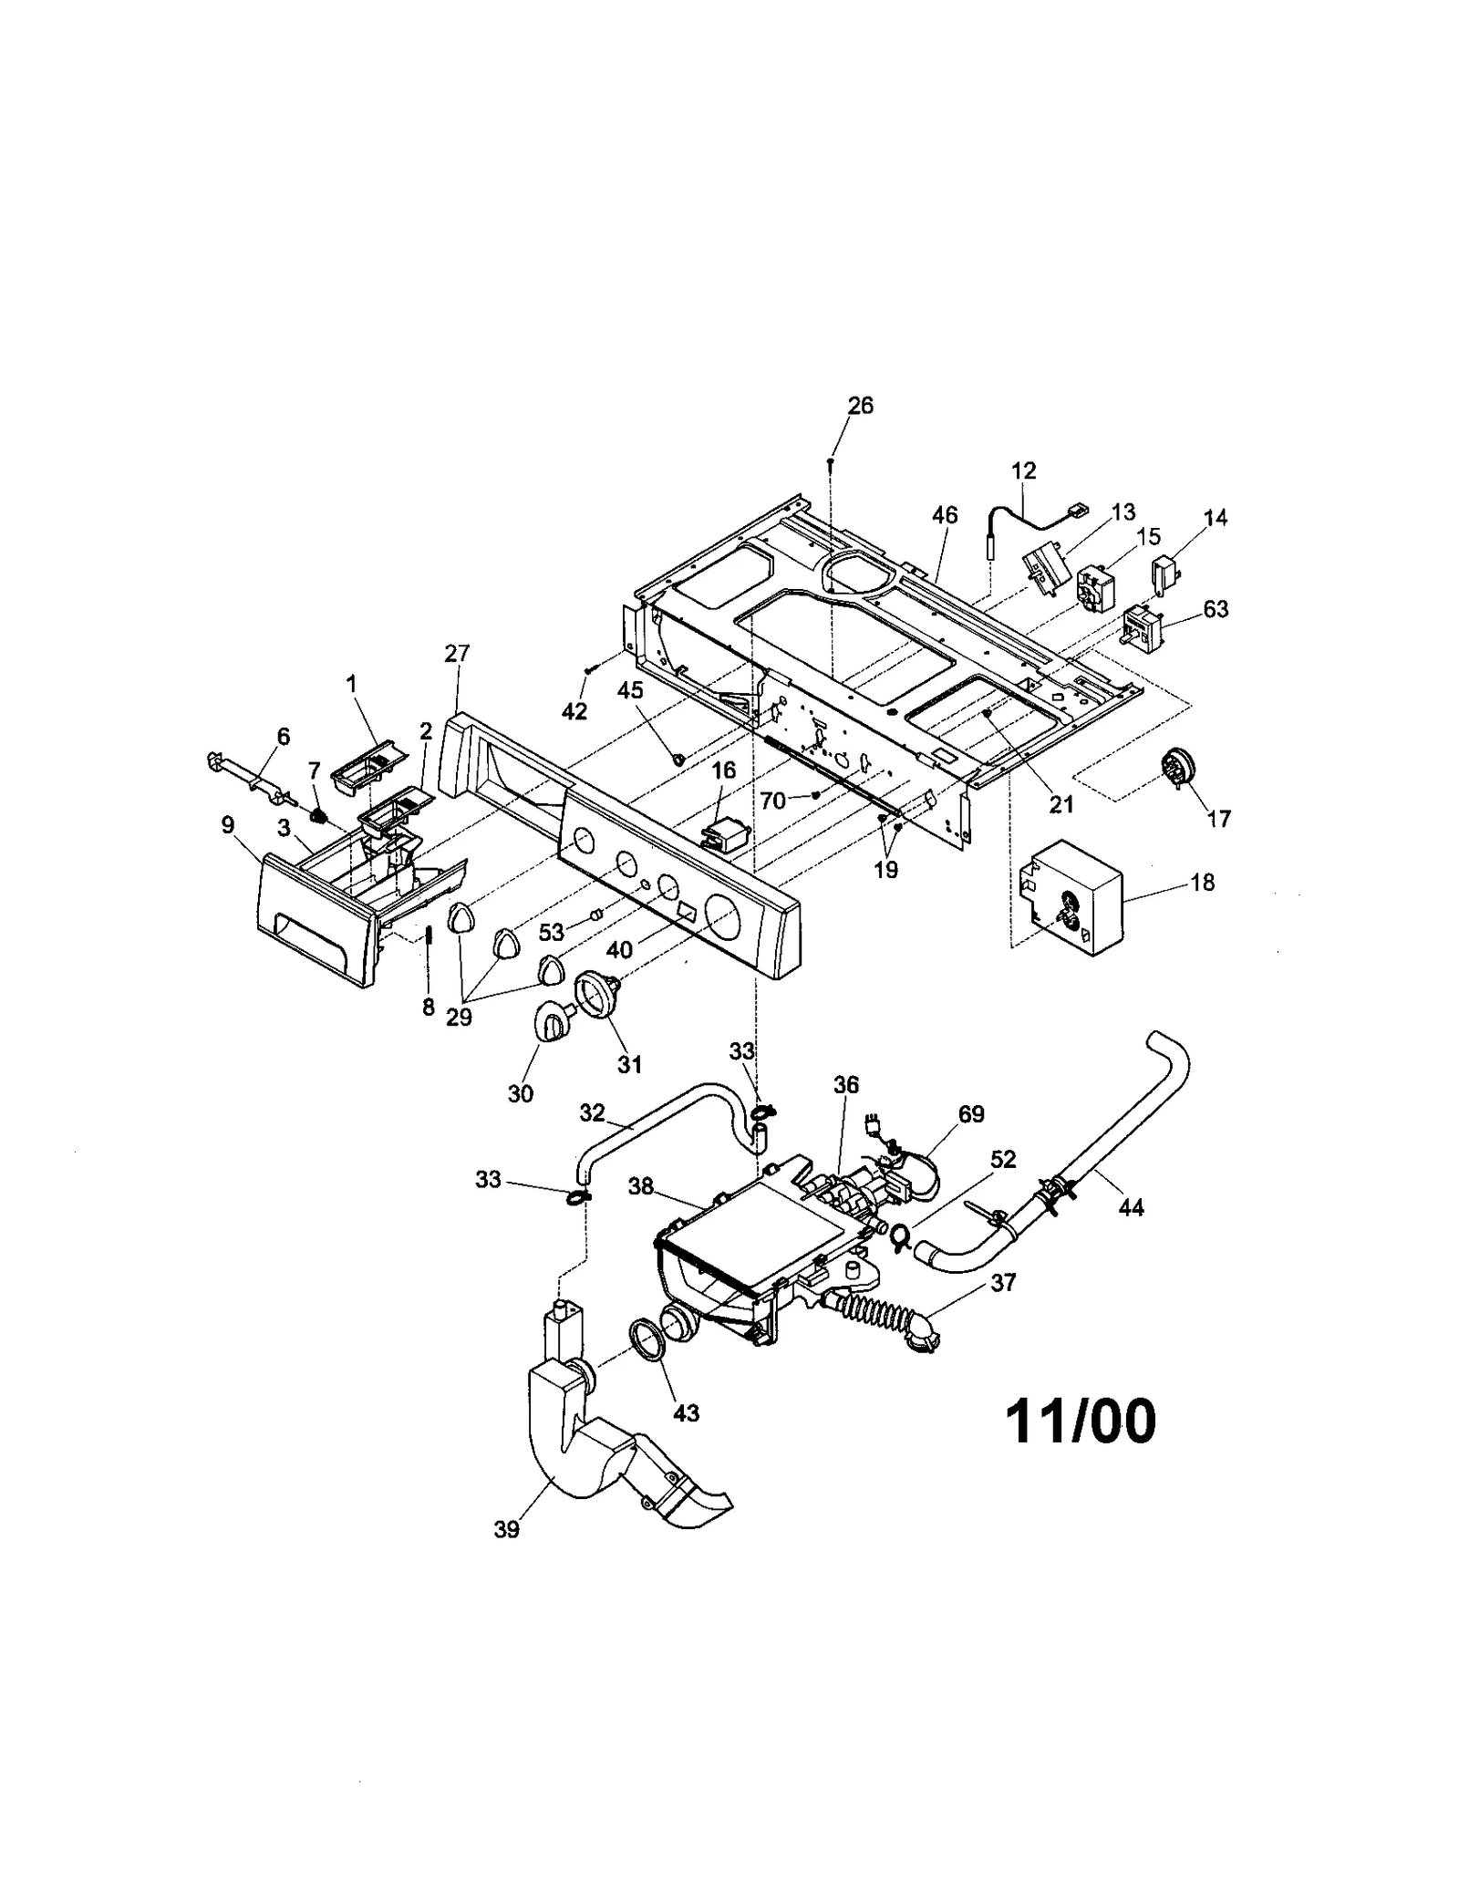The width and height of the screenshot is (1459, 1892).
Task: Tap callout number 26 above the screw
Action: coord(860,406)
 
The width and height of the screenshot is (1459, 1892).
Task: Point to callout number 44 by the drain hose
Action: coord(1131,1207)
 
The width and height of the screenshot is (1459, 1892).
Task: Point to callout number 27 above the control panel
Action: coord(457,653)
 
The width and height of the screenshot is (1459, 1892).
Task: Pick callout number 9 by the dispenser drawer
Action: coord(228,825)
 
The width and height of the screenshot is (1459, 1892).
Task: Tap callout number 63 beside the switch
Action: coord(1216,609)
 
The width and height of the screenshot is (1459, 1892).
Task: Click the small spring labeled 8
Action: coord(428,936)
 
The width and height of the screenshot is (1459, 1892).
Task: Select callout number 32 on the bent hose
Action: coord(593,1112)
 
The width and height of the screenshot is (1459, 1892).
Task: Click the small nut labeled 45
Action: coord(678,758)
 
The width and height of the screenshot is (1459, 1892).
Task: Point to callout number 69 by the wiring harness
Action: coord(971,1113)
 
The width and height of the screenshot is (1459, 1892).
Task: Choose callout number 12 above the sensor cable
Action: coord(1024,470)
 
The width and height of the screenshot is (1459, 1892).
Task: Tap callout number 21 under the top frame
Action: coord(1061,803)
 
